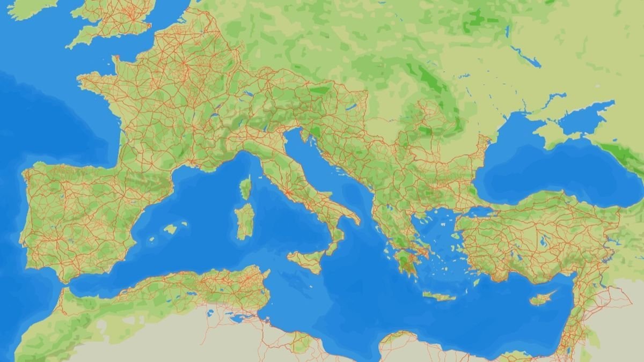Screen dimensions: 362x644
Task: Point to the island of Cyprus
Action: (542, 298)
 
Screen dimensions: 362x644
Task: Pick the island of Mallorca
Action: (170, 229)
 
